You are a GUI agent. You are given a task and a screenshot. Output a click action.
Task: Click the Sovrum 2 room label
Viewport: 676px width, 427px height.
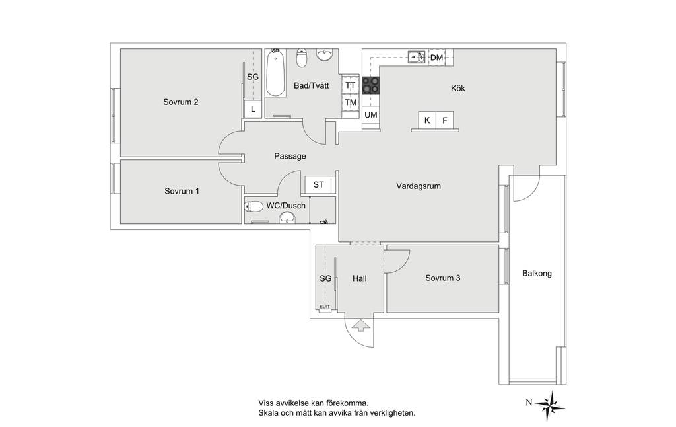point(181,102)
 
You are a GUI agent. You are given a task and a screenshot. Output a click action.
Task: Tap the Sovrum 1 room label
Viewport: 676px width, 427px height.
point(182,191)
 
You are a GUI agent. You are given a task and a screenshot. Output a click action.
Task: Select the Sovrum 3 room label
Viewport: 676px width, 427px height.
point(443,278)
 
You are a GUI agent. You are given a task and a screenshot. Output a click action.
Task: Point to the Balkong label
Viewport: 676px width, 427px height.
point(537,273)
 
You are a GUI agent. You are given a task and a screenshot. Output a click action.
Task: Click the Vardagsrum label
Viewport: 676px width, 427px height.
point(418,186)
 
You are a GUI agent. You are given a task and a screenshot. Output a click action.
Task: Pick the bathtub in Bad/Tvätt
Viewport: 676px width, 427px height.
point(275,73)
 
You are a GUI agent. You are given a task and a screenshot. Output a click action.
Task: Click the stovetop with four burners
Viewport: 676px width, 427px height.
point(371,85)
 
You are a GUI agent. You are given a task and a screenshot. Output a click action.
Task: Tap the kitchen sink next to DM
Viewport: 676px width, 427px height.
point(417,57)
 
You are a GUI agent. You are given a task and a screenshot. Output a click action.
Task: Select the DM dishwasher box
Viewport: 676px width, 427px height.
point(437,58)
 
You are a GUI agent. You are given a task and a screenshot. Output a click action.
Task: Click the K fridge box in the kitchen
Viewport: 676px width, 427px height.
point(427,120)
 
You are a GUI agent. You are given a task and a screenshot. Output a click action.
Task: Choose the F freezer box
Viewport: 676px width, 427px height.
point(444,120)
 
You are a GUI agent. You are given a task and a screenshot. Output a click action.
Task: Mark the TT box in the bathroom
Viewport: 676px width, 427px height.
point(351,85)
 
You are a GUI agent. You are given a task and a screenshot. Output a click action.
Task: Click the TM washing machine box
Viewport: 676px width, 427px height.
point(351,102)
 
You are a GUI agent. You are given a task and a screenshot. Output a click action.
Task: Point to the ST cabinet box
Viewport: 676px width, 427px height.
point(319,185)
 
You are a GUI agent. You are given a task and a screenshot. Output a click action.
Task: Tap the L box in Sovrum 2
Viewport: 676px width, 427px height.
point(253,109)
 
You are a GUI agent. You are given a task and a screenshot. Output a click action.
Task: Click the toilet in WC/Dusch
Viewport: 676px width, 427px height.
point(254,206)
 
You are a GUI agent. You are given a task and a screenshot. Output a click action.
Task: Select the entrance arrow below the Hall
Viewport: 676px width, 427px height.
point(360,325)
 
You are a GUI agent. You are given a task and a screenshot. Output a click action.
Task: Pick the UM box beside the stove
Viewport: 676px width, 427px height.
point(371,115)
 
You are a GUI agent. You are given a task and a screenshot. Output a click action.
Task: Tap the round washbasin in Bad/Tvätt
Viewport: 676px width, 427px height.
point(324,56)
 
